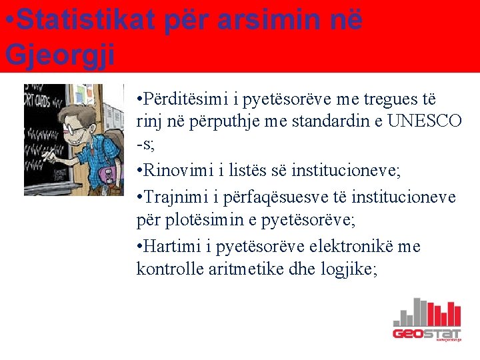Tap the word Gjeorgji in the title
pyautogui.click(x=60, y=53)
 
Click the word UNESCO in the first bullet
pyautogui.click(x=425, y=121)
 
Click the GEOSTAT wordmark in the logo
pyautogui.click(x=426, y=333)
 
